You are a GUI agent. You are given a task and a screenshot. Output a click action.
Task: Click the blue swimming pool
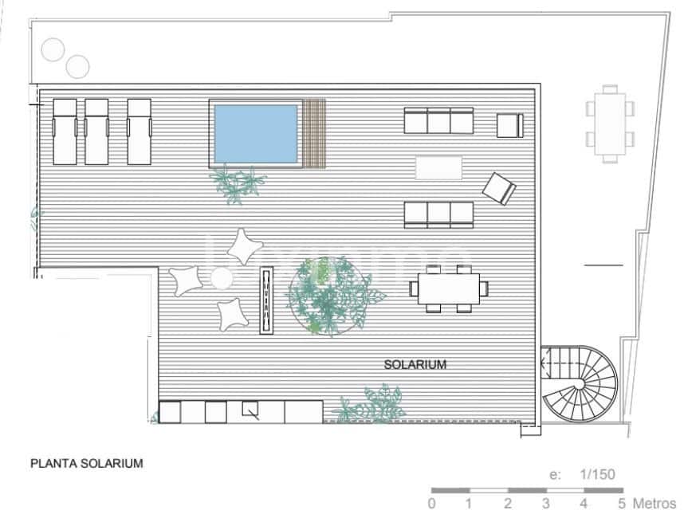[x=255, y=132]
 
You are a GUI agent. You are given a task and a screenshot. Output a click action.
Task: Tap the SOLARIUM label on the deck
[x=415, y=365]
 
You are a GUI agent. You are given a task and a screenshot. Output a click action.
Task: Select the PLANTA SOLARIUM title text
[x=86, y=462]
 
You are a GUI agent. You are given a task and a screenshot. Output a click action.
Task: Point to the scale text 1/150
[x=598, y=474]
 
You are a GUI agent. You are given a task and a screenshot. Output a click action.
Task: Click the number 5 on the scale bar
[x=621, y=504]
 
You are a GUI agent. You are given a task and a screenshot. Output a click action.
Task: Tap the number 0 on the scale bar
[x=431, y=504]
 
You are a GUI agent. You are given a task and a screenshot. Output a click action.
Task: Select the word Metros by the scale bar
[x=655, y=504]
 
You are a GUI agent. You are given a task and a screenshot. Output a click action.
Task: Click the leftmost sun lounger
[x=64, y=131]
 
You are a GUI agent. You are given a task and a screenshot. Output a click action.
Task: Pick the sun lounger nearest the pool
[x=139, y=131]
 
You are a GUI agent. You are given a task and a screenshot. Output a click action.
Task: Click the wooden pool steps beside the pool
[x=316, y=132]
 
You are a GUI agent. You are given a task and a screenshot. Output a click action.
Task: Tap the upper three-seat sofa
[x=438, y=121]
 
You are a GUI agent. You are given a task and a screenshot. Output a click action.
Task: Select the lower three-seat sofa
[x=438, y=214]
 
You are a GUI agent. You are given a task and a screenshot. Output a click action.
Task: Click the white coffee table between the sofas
[x=438, y=167]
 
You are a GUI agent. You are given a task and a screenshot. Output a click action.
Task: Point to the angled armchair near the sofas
[x=499, y=189]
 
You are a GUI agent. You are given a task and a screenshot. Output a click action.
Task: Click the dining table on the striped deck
[x=446, y=288]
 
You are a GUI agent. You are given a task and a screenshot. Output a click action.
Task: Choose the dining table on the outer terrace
[x=610, y=124]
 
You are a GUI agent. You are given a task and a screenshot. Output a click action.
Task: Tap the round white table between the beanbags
[x=221, y=278]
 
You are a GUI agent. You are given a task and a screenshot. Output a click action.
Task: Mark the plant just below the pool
[x=237, y=184]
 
